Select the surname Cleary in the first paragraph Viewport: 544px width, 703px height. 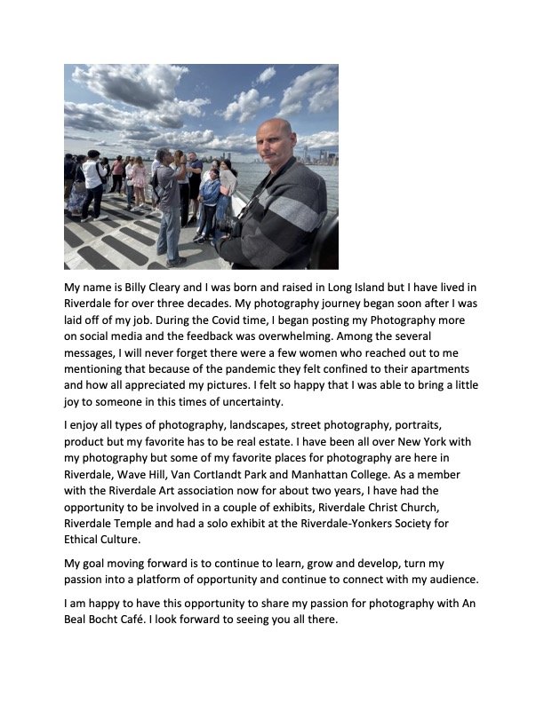pyautogui.click(x=181, y=288)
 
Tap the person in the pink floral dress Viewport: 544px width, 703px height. pyautogui.click(x=139, y=181)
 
